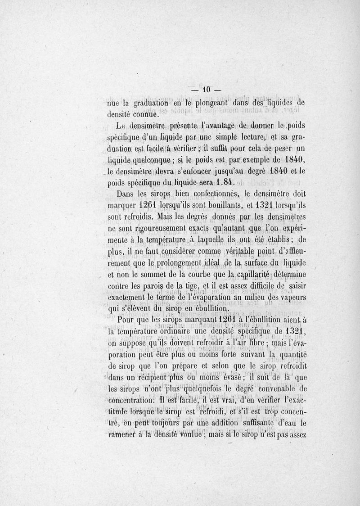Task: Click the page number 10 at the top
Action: (x=207, y=89)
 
